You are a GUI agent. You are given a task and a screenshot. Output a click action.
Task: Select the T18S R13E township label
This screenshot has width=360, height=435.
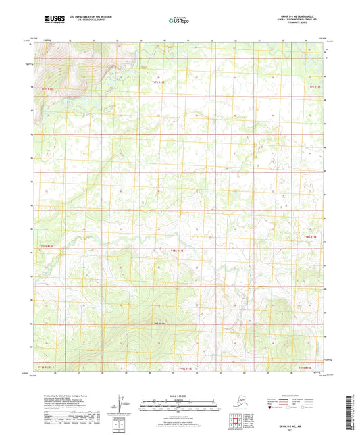pyautogui.click(x=46, y=246)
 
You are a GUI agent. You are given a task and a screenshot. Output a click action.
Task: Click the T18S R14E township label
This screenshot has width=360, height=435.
pyautogui.click(x=178, y=250)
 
